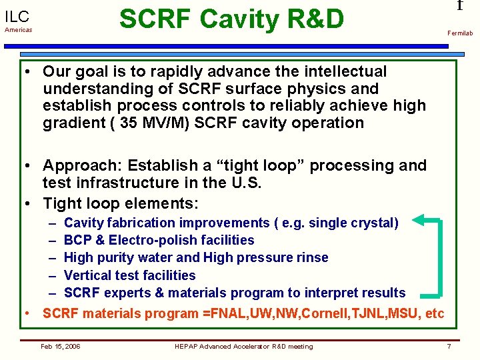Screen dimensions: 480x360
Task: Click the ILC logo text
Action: (x=17, y=17)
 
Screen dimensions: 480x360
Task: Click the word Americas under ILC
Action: (x=19, y=30)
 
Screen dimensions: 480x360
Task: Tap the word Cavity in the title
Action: (x=239, y=19)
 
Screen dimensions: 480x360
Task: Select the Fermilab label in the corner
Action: (x=460, y=33)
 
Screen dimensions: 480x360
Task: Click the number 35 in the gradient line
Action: (x=128, y=123)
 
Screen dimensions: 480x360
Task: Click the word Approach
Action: (x=83, y=166)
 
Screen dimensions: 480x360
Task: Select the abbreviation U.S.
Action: (x=247, y=183)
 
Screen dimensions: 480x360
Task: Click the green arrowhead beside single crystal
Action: (x=418, y=220)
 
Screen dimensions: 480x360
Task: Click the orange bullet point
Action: (x=27, y=313)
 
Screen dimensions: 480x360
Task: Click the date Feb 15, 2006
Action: (x=60, y=346)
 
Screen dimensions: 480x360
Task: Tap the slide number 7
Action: (x=449, y=346)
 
